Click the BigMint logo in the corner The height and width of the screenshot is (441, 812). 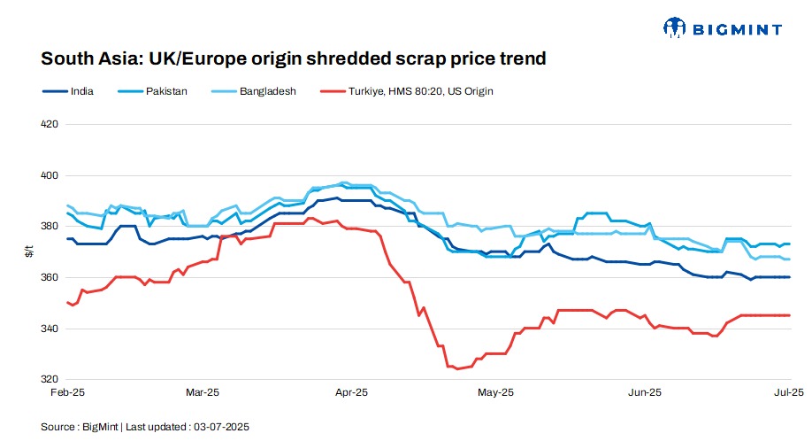722,28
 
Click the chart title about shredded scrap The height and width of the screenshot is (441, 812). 293,59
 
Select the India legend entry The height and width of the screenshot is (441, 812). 81,90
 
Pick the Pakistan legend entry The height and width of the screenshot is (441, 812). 166,90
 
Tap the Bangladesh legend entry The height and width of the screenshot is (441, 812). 264,90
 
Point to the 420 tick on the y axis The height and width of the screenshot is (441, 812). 50,124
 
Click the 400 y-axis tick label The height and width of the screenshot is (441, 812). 50,175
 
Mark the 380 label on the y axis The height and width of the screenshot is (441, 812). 50,227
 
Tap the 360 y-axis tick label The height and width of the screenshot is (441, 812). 50,278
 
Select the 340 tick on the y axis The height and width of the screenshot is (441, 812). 50,329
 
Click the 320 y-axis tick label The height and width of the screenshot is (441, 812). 50,380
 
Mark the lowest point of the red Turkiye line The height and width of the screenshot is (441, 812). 456,368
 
